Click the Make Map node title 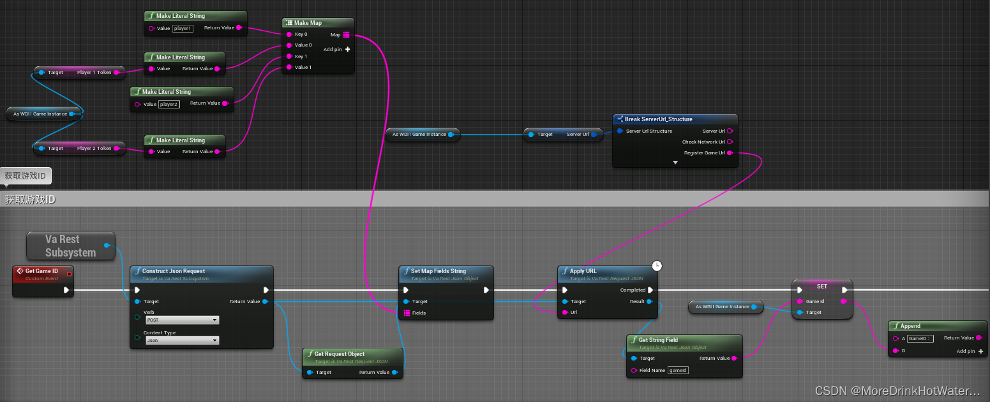point(308,23)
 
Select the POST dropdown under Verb point(182,320)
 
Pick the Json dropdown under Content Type point(182,341)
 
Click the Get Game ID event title point(41,271)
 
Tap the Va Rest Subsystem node point(70,246)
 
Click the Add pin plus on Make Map point(347,50)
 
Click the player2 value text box point(169,104)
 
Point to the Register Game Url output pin point(730,153)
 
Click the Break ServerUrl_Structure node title point(658,119)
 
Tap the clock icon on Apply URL point(657,265)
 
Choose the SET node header point(821,287)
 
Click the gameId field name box point(678,370)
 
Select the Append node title point(910,326)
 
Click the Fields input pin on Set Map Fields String point(406,313)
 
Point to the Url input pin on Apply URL point(565,313)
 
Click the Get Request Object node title point(340,354)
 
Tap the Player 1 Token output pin point(116,73)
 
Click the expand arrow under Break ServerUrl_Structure point(675,163)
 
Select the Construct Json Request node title point(173,271)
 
